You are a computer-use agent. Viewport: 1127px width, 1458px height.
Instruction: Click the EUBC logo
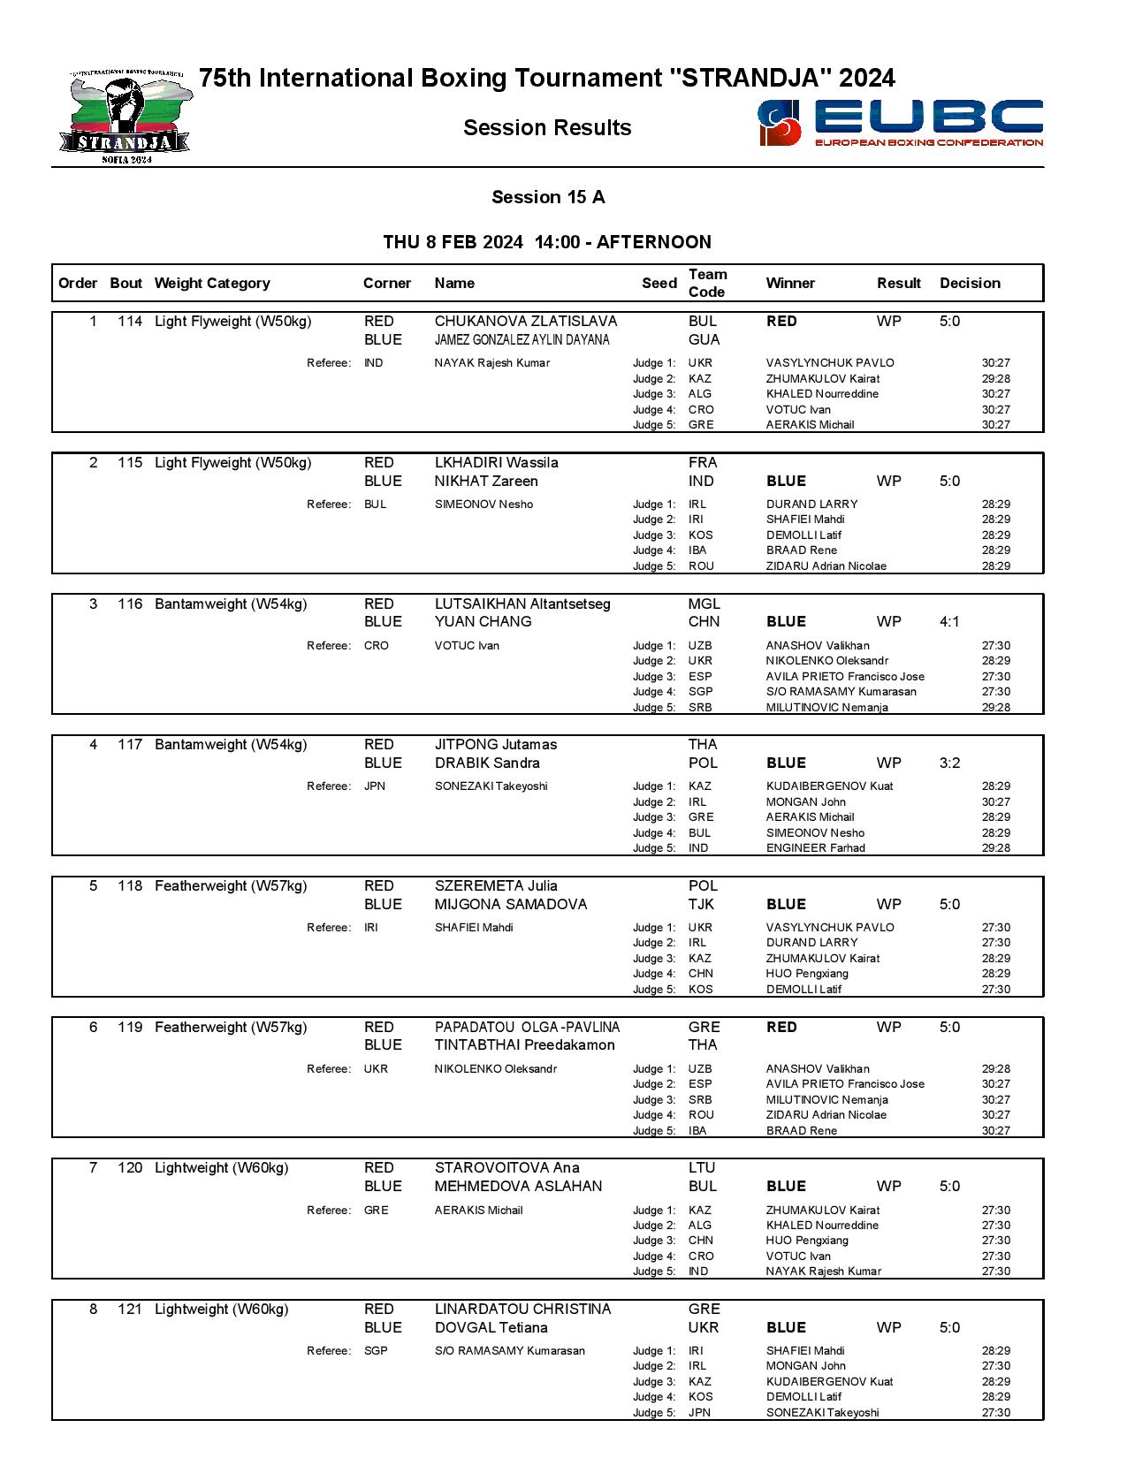pos(900,122)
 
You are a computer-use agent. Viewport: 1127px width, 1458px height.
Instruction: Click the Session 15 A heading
pos(548,197)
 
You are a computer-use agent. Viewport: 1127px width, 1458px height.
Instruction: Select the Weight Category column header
pos(211,284)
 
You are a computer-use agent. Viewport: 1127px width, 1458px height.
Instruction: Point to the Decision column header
pos(970,284)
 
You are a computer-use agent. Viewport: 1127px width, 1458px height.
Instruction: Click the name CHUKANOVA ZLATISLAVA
pos(525,322)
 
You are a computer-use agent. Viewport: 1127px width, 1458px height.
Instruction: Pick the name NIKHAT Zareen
pos(486,482)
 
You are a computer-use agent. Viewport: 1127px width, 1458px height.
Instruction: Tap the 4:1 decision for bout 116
pos(949,622)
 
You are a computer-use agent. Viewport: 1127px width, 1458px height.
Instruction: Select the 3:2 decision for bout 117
pos(949,763)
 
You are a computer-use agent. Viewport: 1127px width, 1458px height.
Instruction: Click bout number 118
pos(129,886)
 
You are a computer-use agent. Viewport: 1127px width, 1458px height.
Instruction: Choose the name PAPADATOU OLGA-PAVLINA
pos(527,1028)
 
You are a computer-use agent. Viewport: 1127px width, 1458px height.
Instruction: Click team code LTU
pos(702,1168)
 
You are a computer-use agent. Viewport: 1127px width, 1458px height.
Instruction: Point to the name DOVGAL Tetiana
pos(491,1328)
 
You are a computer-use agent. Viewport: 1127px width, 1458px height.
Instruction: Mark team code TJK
pos(701,905)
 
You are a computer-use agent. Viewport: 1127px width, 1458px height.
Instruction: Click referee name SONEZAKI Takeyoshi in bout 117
pos(491,786)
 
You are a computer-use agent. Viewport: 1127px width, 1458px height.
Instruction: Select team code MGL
pos(704,604)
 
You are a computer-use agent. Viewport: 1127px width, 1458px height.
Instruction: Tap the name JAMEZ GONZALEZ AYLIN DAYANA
pos(522,340)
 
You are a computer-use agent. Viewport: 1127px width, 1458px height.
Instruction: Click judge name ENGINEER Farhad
pos(815,848)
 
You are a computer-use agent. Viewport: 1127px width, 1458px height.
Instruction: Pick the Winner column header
pos(790,284)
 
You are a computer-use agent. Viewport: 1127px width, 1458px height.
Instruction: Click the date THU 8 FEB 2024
pos(453,243)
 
